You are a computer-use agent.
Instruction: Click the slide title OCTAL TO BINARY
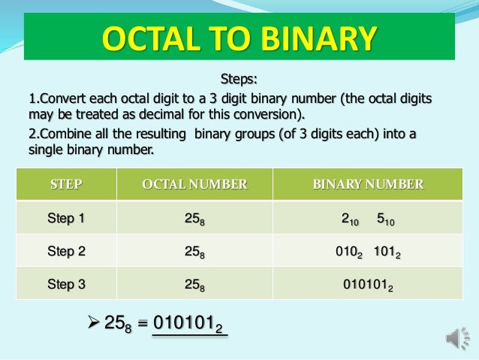[239, 38]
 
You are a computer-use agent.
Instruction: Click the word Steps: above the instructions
[239, 78]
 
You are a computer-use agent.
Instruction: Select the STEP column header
[65, 184]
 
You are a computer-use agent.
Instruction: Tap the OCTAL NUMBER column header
[194, 184]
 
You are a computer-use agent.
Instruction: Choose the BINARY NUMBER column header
[367, 184]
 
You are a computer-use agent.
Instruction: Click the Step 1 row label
[65, 219]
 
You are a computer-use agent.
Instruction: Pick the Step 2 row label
[65, 252]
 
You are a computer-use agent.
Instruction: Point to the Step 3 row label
[65, 285]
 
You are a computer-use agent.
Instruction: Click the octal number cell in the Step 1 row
[194, 219]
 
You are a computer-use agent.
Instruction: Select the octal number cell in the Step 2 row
[194, 253]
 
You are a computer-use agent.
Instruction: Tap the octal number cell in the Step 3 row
[194, 286]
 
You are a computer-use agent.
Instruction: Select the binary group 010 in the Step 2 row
[347, 253]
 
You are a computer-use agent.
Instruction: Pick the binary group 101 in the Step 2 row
[387, 253]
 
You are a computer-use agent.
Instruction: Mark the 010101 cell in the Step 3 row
[367, 286]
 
